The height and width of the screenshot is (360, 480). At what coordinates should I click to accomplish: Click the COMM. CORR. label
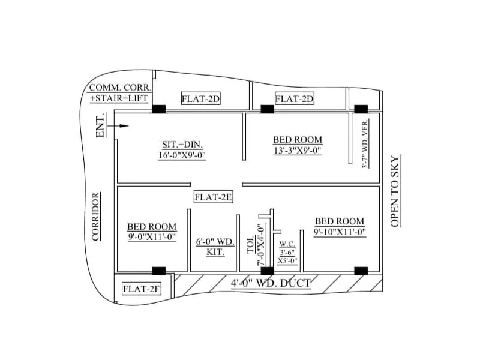click(120, 88)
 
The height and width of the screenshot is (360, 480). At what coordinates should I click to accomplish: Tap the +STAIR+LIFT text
click(120, 98)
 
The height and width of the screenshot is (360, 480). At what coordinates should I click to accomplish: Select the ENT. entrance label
click(101, 125)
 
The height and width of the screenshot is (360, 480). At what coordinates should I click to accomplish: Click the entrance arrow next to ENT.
click(121, 126)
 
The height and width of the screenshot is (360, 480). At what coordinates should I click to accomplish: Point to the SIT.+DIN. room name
click(182, 145)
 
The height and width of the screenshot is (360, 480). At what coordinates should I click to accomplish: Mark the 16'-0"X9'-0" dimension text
click(182, 155)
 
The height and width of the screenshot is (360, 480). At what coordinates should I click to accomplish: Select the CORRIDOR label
click(95, 217)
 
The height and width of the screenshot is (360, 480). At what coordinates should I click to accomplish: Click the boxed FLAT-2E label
click(213, 197)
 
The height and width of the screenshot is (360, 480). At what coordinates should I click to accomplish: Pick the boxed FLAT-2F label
click(142, 289)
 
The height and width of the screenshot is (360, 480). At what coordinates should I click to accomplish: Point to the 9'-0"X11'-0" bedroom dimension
click(151, 237)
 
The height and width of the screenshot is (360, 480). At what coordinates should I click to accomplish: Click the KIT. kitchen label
click(215, 252)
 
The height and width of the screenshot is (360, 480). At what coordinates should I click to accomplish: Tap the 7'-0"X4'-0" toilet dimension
click(261, 243)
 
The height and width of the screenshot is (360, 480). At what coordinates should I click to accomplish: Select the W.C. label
click(287, 245)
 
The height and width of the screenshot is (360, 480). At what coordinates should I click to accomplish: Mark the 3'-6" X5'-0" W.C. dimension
click(287, 257)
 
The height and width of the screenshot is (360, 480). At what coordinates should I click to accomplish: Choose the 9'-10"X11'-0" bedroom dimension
click(340, 232)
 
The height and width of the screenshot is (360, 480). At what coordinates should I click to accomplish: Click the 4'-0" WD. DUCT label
click(270, 283)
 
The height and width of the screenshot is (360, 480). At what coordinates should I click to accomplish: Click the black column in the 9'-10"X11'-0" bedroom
click(361, 271)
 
